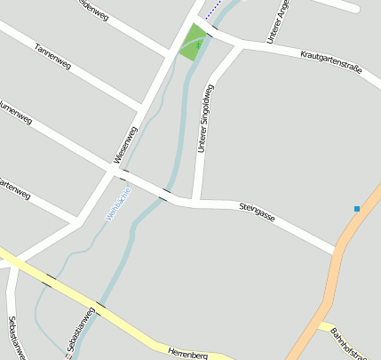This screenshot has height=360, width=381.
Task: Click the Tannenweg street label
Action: click(52, 57)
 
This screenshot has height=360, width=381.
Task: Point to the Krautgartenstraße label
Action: click(331, 67)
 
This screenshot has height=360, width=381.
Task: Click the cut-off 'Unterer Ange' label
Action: click(277, 23)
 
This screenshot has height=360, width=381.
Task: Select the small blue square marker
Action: click(357, 209)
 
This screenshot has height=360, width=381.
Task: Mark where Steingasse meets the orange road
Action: click(339, 250)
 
